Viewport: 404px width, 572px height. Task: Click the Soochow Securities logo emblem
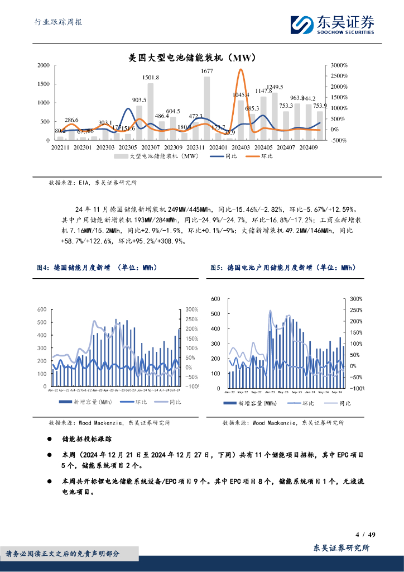pyautogui.click(x=304, y=25)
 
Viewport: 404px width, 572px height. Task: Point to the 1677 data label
pyautogui.click(x=207, y=71)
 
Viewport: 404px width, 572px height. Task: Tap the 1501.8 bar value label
pyautogui.click(x=151, y=77)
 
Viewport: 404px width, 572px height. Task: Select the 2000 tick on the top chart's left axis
pyautogui.click(x=44, y=66)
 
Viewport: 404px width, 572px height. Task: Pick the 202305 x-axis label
pyautogui.click(x=128, y=147)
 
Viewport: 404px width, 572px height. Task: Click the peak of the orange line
pyautogui.click(x=240, y=70)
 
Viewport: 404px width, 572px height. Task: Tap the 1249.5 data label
pyautogui.click(x=275, y=87)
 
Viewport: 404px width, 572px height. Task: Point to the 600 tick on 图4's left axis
pyautogui.click(x=41, y=309)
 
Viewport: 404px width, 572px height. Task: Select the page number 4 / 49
pyautogui.click(x=365, y=535)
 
